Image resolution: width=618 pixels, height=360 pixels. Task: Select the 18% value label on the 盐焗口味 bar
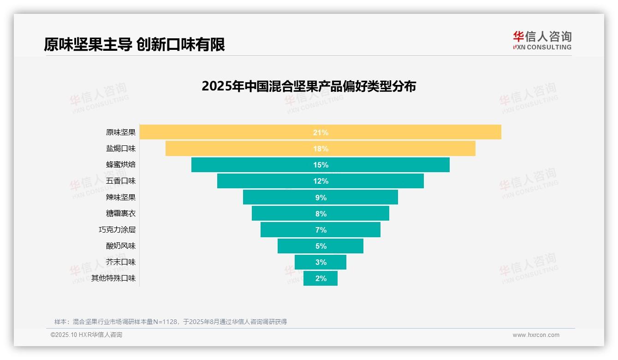tap(321, 149)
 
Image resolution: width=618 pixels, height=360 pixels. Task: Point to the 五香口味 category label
tap(121, 181)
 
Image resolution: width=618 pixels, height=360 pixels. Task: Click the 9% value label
tap(321, 198)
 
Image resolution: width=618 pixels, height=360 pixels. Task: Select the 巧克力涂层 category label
tap(117, 229)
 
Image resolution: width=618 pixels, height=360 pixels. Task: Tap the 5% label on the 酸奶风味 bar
tap(321, 246)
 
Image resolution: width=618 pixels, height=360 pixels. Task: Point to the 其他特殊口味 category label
tap(113, 278)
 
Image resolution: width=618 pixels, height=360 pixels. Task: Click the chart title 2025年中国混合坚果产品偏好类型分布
tap(309, 86)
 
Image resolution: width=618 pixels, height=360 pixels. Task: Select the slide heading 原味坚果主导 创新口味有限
tap(134, 45)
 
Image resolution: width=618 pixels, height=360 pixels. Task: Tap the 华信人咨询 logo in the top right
tap(542, 40)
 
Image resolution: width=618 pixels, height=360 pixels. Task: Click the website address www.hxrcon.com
tap(536, 335)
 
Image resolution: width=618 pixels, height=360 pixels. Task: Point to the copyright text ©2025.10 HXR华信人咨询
tap(86, 335)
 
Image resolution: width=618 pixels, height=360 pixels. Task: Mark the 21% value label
tap(321, 132)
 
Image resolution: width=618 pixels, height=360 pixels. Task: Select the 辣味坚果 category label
tap(121, 197)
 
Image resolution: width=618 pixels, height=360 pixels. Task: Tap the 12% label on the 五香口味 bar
tap(321, 181)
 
